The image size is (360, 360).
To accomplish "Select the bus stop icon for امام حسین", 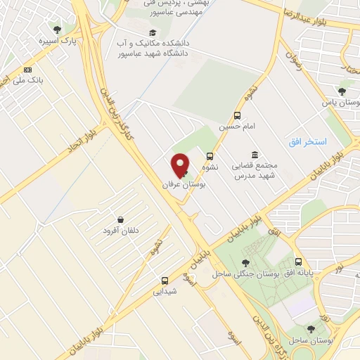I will (238, 115).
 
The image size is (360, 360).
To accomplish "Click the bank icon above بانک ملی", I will (28, 70).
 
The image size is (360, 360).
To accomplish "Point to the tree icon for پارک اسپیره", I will (58, 30).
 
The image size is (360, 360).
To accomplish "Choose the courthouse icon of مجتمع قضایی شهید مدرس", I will (254, 155).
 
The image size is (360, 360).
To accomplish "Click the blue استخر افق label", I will (308, 142).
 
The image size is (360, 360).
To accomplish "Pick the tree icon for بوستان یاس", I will (342, 91).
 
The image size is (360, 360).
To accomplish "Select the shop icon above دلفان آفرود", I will (122, 219).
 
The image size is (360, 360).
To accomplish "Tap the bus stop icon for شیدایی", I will (165, 280).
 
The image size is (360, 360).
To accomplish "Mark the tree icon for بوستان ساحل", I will (311, 328).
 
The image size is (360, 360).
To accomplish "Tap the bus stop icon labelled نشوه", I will (210, 157).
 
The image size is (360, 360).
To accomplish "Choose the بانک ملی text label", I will (31, 81).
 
